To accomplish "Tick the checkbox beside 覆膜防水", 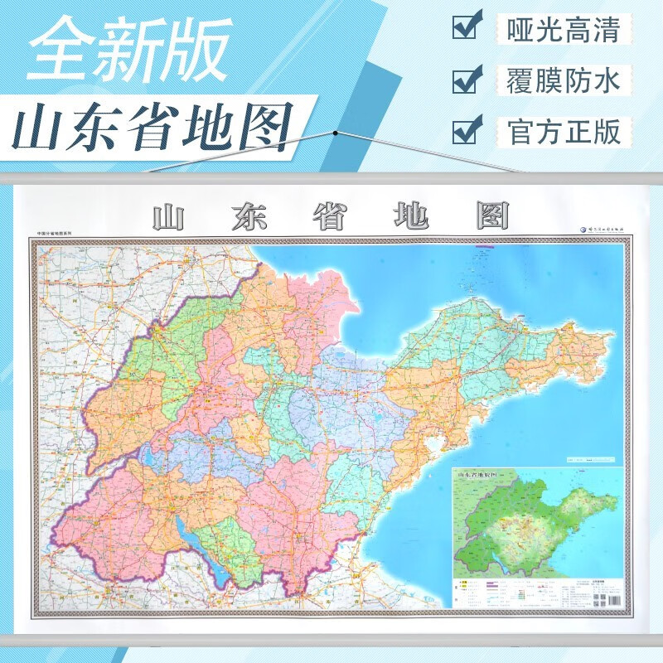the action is [465, 80].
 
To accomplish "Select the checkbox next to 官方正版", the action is [465, 130].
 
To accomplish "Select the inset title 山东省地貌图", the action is [482, 474].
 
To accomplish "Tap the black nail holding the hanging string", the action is [336, 131].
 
